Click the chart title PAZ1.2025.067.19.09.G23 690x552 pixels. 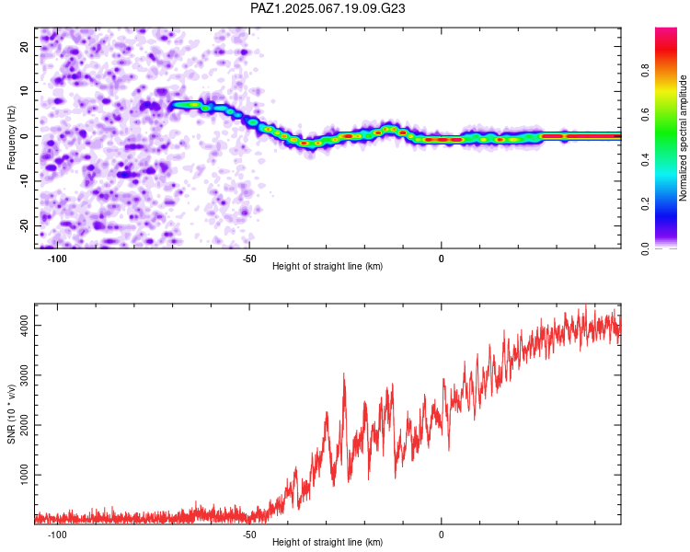tap(328, 8)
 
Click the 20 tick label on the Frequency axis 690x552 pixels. tap(25, 47)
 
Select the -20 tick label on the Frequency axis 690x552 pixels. tap(25, 225)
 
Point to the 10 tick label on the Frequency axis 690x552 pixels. tap(25, 92)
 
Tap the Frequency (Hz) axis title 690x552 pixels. tap(11, 137)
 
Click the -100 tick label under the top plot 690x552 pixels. tap(57, 259)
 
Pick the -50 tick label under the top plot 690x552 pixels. tap(249, 259)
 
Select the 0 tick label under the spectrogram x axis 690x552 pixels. tap(442, 259)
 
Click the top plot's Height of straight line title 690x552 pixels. tap(328, 266)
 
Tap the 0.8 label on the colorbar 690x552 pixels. tap(645, 71)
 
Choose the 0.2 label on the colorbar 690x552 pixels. tap(645, 204)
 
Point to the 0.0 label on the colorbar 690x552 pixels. tap(645, 248)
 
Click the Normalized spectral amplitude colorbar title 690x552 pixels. tap(683, 137)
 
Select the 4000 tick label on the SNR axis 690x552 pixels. tap(25, 326)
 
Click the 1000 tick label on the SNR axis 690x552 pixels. tap(25, 475)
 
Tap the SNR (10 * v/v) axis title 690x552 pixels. tap(11, 414)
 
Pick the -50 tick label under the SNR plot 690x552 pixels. tap(249, 535)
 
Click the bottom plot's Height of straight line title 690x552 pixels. tap(328, 542)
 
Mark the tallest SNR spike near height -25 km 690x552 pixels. tap(344, 374)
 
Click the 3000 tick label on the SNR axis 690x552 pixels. tap(25, 375)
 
